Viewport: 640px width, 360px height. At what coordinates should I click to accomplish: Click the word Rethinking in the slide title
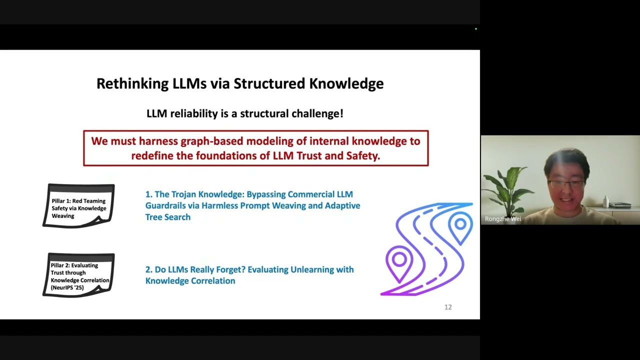[x=132, y=83]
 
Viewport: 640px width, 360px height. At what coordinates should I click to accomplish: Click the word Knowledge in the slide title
[x=346, y=83]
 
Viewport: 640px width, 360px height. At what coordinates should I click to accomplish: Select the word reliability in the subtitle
[x=194, y=113]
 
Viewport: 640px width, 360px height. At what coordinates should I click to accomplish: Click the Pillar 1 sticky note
[x=78, y=205]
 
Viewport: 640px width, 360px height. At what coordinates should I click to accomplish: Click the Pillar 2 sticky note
[x=78, y=275]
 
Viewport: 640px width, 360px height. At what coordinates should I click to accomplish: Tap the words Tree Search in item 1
[x=168, y=217]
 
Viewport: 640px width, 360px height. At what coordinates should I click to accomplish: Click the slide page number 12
[x=448, y=307]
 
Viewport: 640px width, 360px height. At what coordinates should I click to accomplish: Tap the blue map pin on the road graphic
[x=460, y=227]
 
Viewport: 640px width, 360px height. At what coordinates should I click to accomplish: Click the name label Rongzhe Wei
[x=503, y=219]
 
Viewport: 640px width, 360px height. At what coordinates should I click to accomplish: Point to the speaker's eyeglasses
[x=566, y=183]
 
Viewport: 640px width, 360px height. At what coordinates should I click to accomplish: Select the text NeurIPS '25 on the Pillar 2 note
[x=67, y=287]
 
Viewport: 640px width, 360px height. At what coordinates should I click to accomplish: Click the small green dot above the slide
[x=476, y=29]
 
